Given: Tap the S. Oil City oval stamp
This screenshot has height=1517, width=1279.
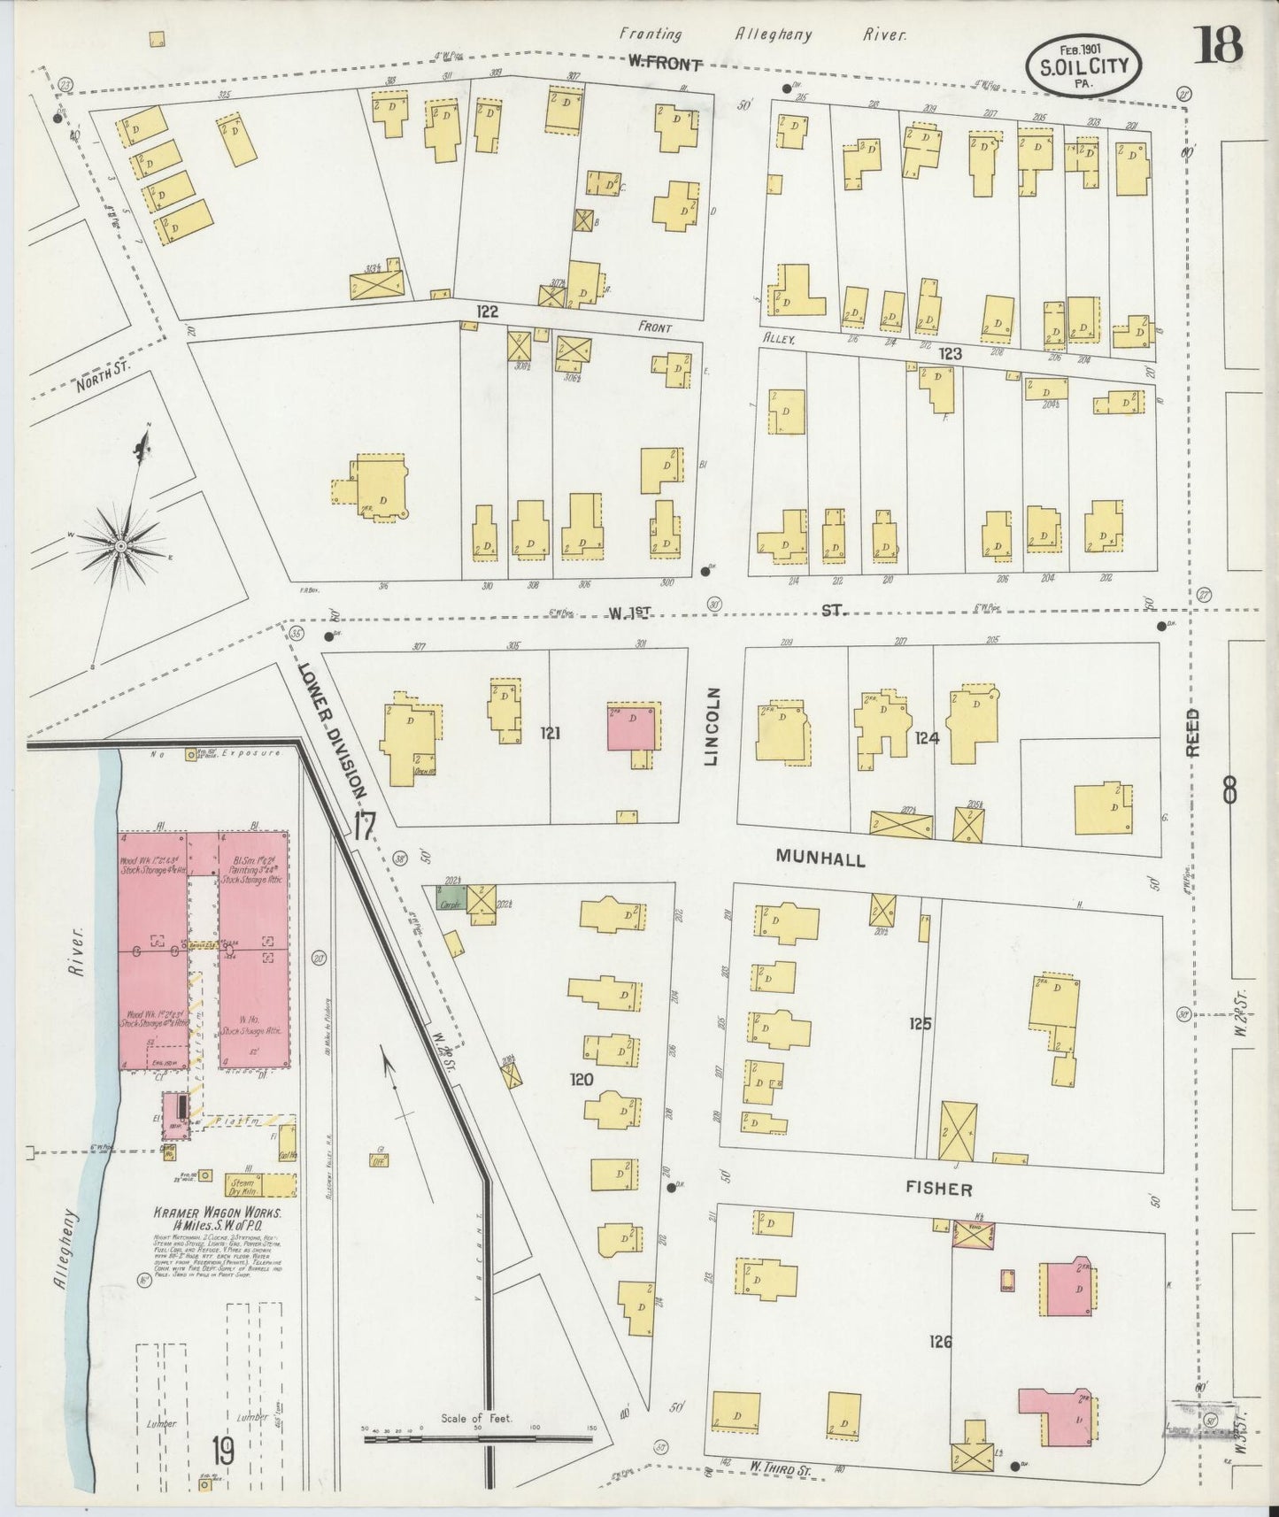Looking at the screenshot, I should click(x=1084, y=66).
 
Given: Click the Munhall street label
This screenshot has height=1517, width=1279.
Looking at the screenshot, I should click(x=821, y=858).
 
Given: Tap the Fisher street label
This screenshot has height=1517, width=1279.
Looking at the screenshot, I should click(x=938, y=1190).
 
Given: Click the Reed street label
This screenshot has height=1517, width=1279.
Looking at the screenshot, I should click(x=1193, y=731).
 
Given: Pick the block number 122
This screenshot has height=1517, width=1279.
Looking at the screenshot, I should click(x=487, y=312).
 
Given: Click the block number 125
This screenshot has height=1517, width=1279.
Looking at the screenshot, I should click(x=920, y=1023).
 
